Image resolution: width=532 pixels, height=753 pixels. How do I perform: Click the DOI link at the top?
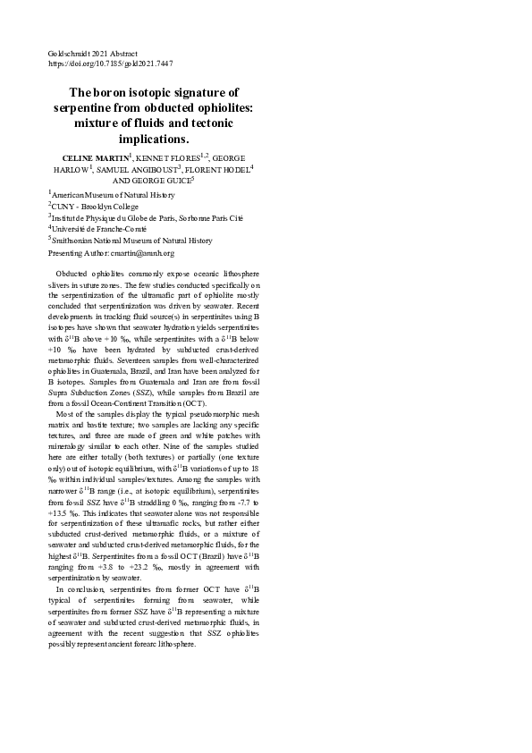tap(110, 63)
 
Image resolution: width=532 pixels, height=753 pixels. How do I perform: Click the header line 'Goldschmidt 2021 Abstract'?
tap(92, 54)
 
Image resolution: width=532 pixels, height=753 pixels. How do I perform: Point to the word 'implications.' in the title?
tap(154, 140)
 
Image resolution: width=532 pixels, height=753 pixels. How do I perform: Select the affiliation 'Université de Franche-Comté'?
tap(99, 229)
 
